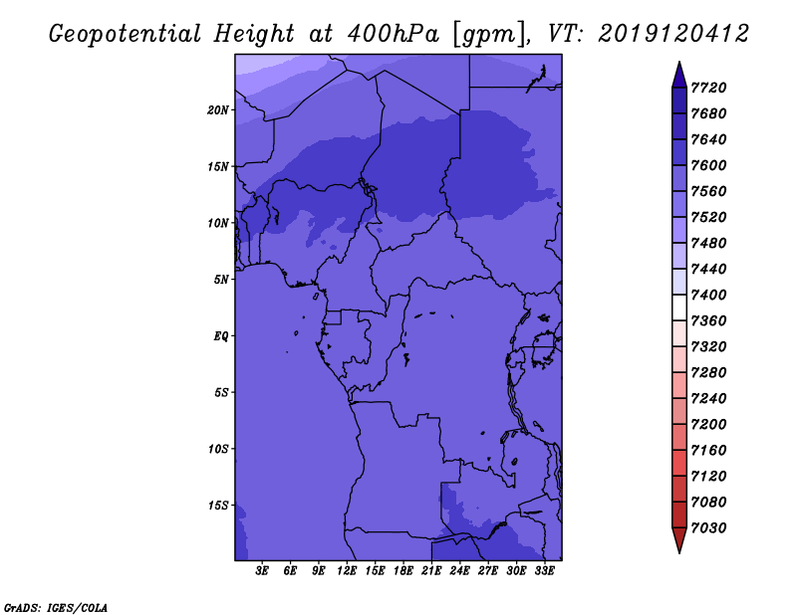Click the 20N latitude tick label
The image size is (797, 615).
217,110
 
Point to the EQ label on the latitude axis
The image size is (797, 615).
221,336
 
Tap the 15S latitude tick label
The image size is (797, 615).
217,506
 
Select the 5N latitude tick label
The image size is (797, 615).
220,280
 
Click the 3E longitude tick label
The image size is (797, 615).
262,571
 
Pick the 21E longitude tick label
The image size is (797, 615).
431,571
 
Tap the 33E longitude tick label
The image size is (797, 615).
544,571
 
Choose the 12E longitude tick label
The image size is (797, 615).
346,571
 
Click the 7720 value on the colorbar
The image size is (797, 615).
708,88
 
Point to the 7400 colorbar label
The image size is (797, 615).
708,295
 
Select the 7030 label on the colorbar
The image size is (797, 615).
708,527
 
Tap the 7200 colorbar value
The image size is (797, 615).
708,424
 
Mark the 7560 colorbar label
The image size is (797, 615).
708,191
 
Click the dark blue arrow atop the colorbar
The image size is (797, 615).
679,76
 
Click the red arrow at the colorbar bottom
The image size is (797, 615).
679,540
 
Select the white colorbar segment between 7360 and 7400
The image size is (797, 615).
679,307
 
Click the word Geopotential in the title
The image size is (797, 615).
126,35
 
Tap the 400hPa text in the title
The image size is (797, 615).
393,34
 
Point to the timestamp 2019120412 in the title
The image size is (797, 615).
673,34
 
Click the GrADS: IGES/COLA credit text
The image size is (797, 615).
56,607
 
